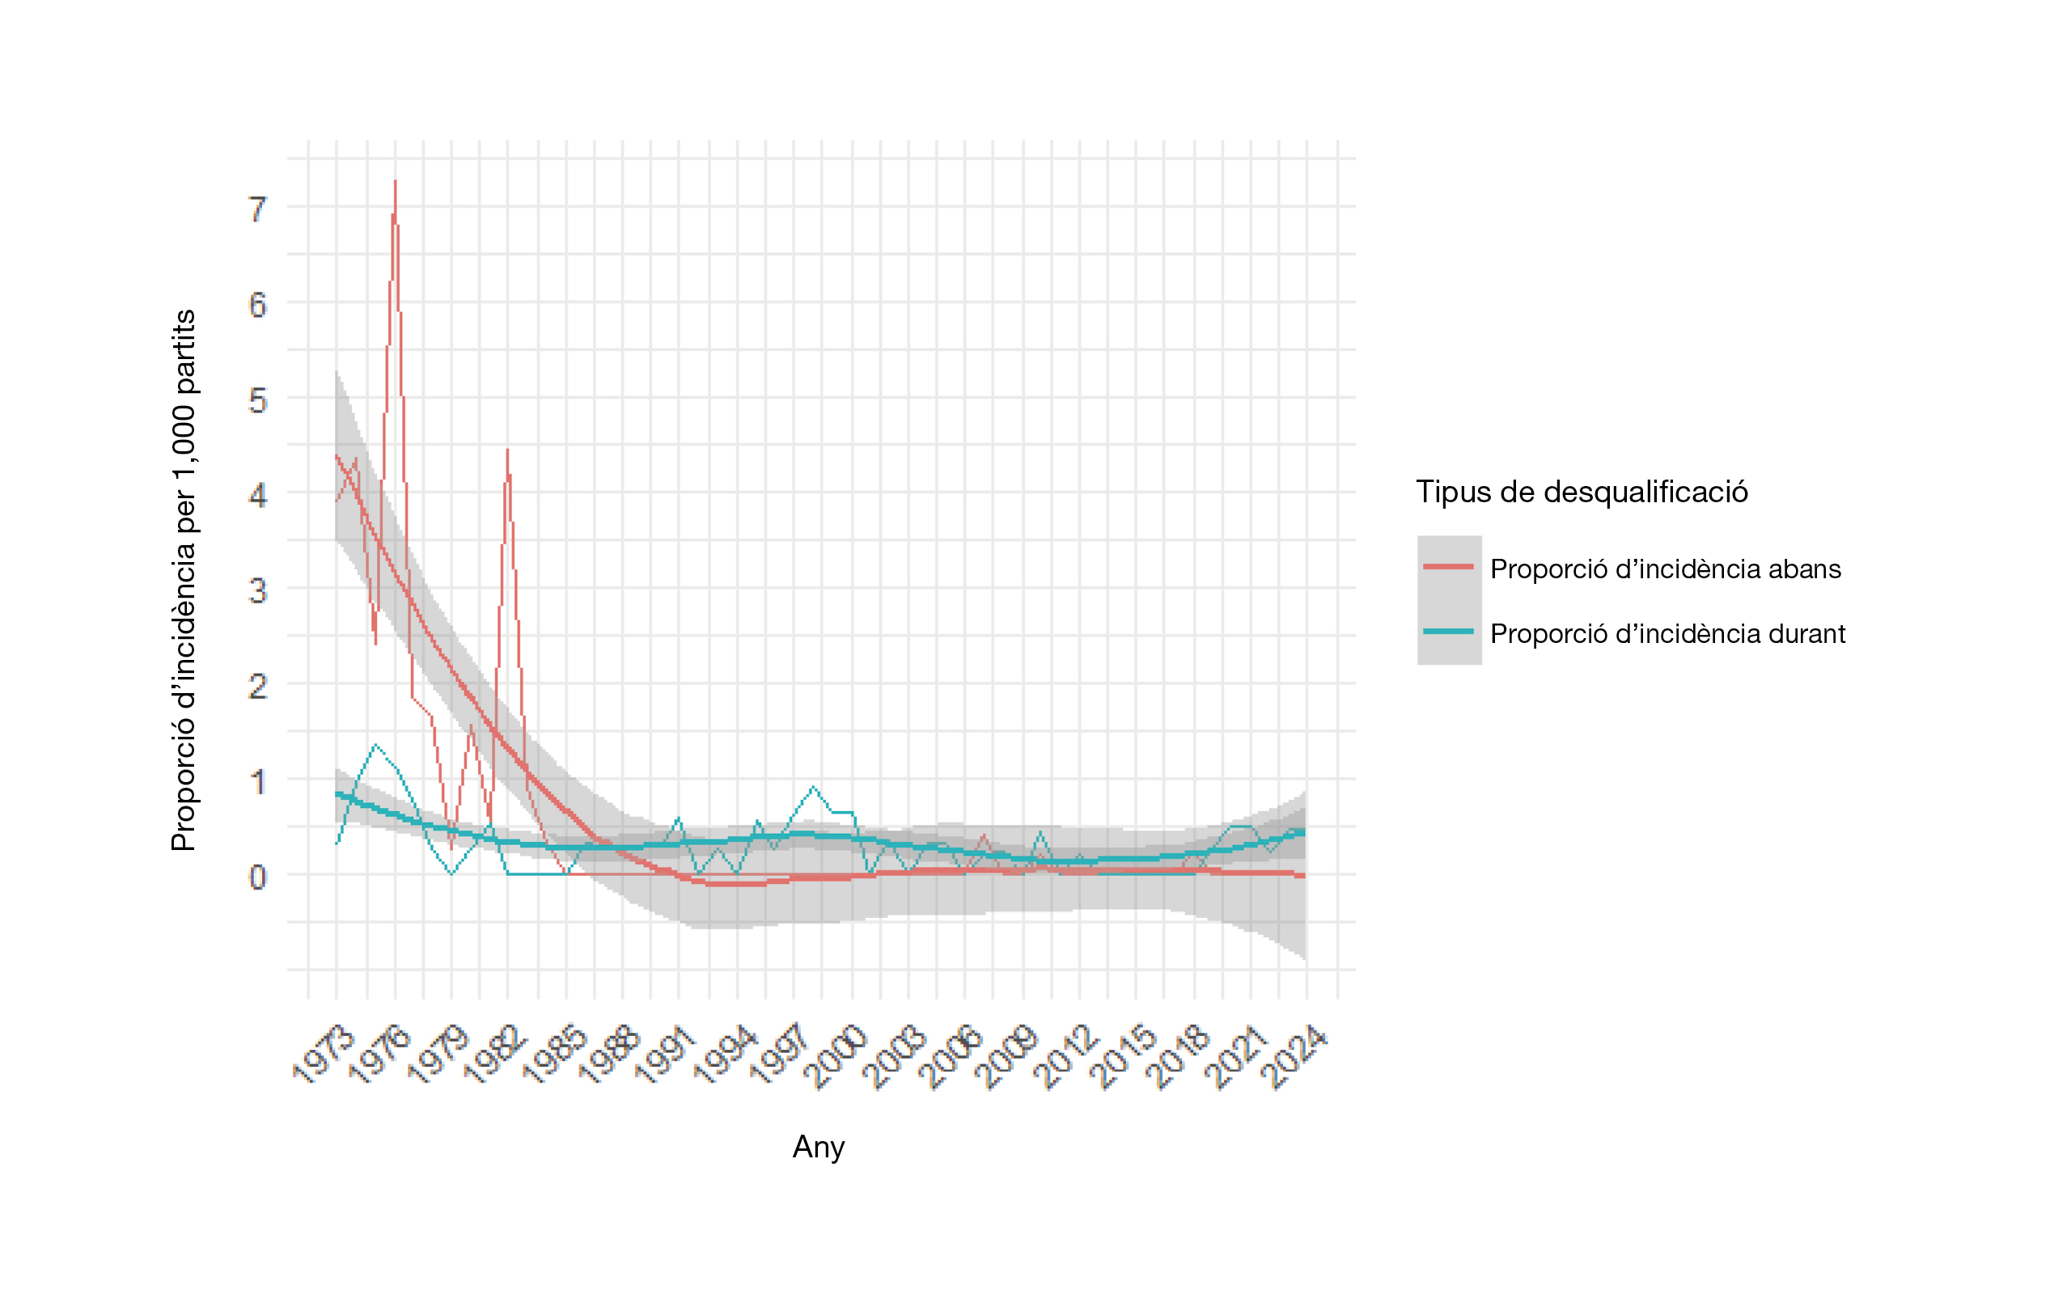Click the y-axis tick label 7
(257, 209)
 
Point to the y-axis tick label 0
(257, 877)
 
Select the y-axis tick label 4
(257, 495)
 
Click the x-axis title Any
(818, 1146)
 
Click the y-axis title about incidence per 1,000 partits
(183, 580)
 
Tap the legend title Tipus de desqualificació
(1582, 492)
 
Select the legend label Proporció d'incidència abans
(1665, 569)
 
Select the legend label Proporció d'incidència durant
(1667, 633)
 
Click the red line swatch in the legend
(1448, 567)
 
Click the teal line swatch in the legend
(1448, 632)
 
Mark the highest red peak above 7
(395, 181)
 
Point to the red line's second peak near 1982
(506, 450)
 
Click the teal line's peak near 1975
(375, 746)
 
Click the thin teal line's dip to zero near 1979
(451, 873)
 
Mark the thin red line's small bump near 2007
(985, 835)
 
